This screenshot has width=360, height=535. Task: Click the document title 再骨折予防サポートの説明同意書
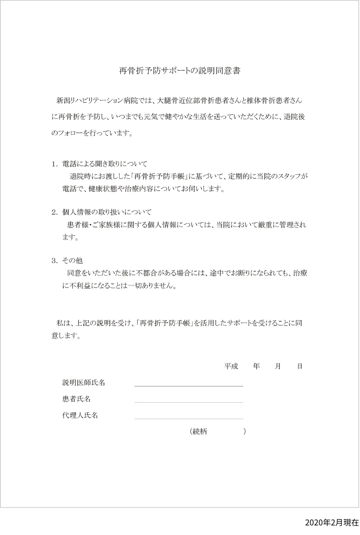180,71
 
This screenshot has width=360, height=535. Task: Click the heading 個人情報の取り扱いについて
107,212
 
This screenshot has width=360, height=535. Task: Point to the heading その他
72,261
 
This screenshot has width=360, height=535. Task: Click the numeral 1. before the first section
55,164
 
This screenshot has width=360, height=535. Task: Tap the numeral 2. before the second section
55,212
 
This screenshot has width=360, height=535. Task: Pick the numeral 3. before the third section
55,261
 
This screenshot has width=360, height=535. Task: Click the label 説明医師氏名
84,382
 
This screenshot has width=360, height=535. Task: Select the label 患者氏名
76,399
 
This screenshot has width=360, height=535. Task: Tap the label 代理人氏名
80,415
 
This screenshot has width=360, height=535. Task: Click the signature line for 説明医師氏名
189,386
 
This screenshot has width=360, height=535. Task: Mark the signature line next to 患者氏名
189,402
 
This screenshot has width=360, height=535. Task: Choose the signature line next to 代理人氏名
189,418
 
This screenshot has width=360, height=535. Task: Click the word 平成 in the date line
231,366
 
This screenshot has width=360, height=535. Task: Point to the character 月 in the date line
278,366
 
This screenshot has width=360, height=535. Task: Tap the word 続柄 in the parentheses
200,432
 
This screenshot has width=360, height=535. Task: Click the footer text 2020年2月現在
332,523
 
